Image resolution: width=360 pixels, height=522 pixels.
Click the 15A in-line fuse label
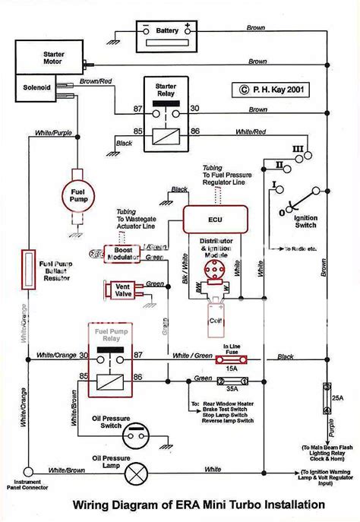[232, 367]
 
